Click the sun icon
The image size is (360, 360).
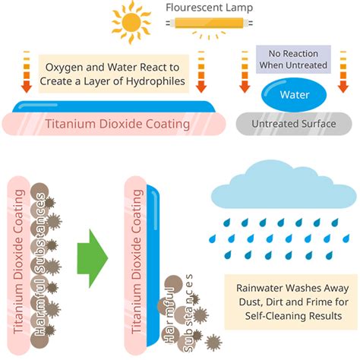(131, 22)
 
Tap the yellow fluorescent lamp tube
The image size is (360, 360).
(209, 23)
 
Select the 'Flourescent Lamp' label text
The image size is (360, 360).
(209, 8)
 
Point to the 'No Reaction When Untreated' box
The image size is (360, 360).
(293, 59)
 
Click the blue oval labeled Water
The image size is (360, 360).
(294, 95)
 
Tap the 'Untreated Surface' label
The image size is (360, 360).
(294, 124)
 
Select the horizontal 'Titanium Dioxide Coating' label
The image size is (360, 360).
(118, 124)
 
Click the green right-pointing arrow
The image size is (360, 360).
(93, 258)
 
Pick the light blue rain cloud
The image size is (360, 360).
(284, 185)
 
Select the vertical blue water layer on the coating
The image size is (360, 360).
(153, 265)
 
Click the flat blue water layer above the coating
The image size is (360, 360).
(114, 106)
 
